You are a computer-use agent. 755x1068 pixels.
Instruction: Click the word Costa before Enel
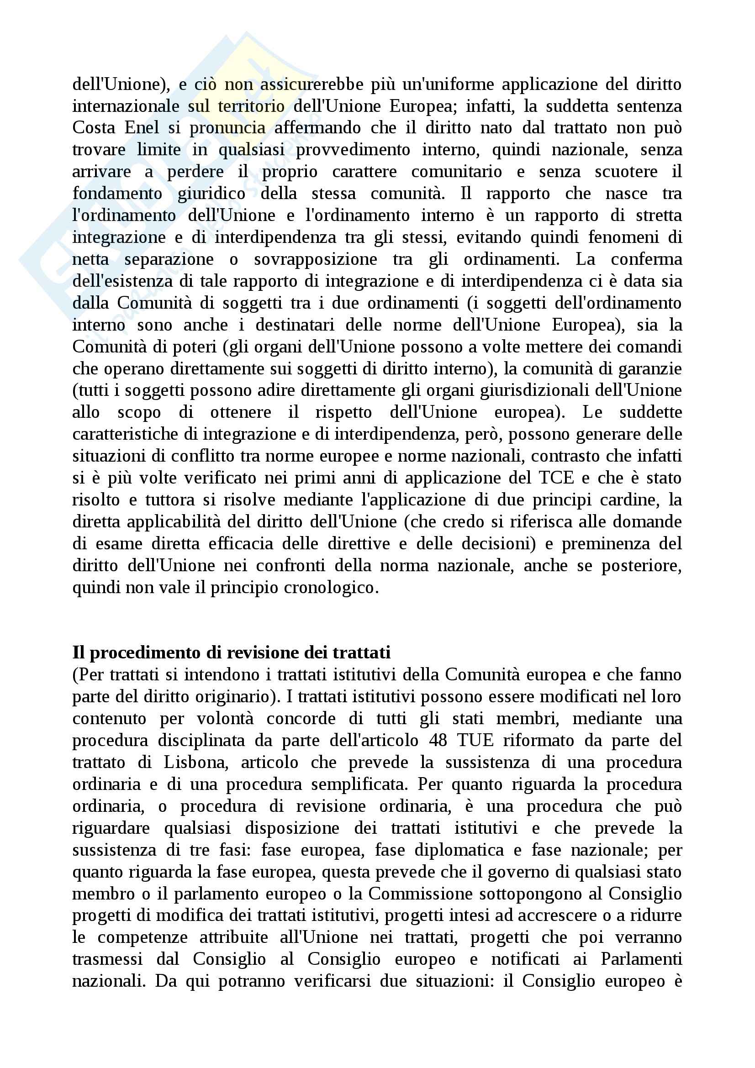click(92, 127)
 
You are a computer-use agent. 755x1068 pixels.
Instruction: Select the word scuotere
click(626, 172)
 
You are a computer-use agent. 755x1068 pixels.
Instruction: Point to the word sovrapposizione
click(316, 259)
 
